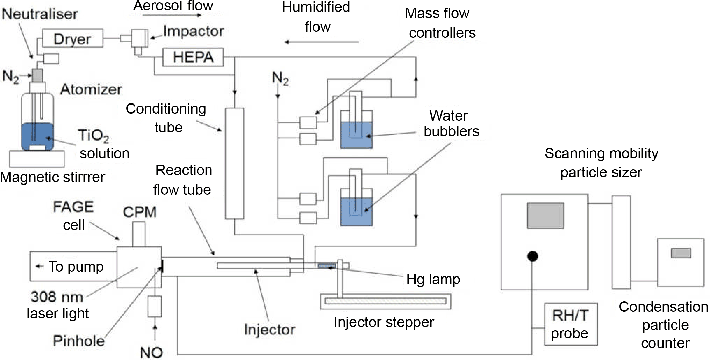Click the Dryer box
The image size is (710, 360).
pos(72,38)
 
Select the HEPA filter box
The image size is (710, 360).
pos(193,57)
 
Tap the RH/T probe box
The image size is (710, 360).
pos(571,324)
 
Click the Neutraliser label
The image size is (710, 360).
pos(40,14)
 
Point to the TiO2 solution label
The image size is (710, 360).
pos(103,144)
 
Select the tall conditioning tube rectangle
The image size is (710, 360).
pos(234,163)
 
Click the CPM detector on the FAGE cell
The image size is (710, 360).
pos(139,234)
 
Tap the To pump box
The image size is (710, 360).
pos(73,266)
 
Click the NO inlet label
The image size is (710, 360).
pos(151,352)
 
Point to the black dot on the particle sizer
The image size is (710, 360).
pos(532,256)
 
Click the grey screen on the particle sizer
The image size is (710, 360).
pos(545,215)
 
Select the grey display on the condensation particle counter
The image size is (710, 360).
pos(681,253)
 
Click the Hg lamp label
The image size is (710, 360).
pos(433,279)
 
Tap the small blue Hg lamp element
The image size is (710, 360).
pos(327,266)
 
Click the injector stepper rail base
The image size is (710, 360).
pos(386,301)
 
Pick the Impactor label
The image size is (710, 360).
pos(193,31)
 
